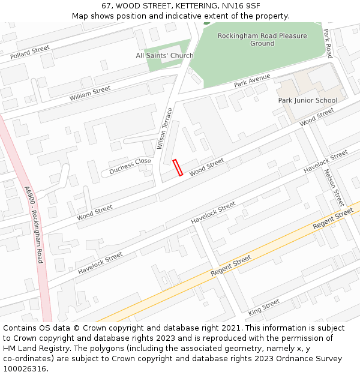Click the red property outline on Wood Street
(178, 167)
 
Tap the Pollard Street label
(29, 53)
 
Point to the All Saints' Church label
(164, 56)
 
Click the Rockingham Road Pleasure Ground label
(262, 40)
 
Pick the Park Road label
(328, 44)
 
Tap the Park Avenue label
(252, 81)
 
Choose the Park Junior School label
(308, 100)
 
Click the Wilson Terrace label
(164, 128)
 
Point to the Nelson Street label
(333, 187)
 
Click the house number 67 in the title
(107, 6)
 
